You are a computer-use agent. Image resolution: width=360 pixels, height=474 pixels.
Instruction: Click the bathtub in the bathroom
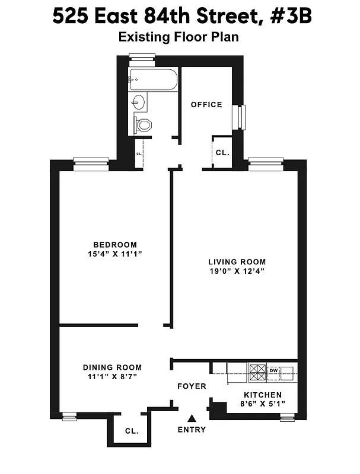tap(153, 79)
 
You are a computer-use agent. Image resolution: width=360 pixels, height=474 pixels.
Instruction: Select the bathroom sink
tap(138, 101)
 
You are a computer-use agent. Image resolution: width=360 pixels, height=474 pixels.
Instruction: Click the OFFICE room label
tap(206, 105)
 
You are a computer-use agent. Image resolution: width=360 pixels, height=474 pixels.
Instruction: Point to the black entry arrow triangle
tap(192, 418)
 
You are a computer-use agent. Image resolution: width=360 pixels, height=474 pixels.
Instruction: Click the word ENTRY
tap(192, 430)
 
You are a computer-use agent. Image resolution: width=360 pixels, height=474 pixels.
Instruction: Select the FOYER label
tap(192, 386)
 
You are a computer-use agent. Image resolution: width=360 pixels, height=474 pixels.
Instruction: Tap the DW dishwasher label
tap(273, 371)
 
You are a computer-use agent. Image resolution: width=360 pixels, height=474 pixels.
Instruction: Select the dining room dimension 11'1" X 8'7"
tap(112, 377)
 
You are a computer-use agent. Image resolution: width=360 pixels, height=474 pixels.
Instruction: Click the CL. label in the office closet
tap(222, 152)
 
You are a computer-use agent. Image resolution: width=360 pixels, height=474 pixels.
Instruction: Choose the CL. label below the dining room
tap(131, 431)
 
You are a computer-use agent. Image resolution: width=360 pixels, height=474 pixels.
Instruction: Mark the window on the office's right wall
tap(240, 117)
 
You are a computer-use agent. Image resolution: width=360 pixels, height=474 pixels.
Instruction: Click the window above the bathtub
tap(142, 56)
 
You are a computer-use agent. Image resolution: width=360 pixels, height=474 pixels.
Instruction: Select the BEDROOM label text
tap(114, 245)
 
